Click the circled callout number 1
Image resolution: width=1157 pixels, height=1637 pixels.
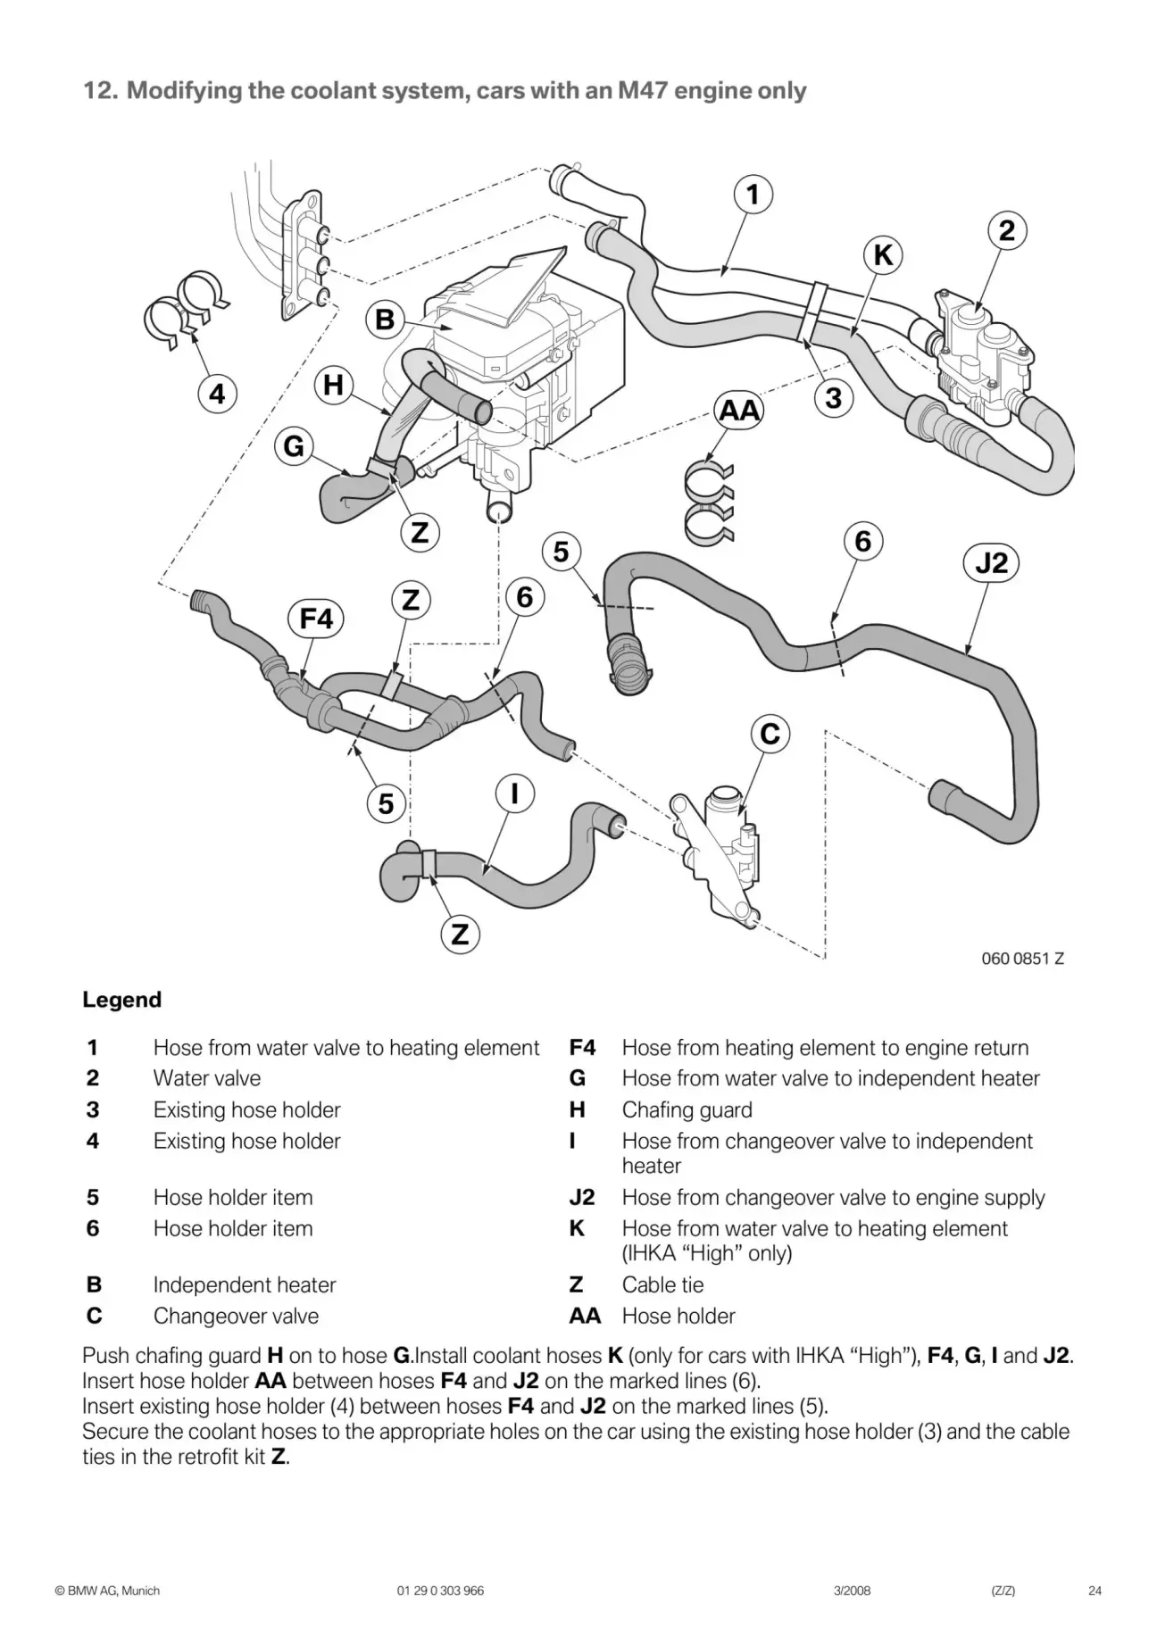753,195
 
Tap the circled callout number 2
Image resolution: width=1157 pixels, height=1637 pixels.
1007,231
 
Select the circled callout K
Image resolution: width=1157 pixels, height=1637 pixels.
883,255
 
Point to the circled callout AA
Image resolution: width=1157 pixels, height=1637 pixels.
739,411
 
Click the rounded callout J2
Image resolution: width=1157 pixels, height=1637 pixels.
992,563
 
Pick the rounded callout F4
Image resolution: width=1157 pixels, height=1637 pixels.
316,619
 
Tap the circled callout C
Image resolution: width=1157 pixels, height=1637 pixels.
770,735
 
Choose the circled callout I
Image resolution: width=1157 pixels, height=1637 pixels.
515,793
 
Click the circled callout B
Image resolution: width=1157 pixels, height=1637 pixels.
385,320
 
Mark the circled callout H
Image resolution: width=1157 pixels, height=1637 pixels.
333,386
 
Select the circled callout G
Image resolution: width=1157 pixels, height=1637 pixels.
294,445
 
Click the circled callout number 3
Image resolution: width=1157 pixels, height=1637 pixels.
834,398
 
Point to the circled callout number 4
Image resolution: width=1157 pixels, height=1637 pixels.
217,394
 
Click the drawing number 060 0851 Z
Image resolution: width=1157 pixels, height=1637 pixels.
1022,959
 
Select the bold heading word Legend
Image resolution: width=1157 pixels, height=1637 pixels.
121,1000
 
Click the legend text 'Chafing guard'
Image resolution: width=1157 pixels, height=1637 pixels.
687,1109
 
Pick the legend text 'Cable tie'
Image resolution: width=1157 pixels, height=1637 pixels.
662,1284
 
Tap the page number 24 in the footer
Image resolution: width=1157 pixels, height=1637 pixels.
1095,1591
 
